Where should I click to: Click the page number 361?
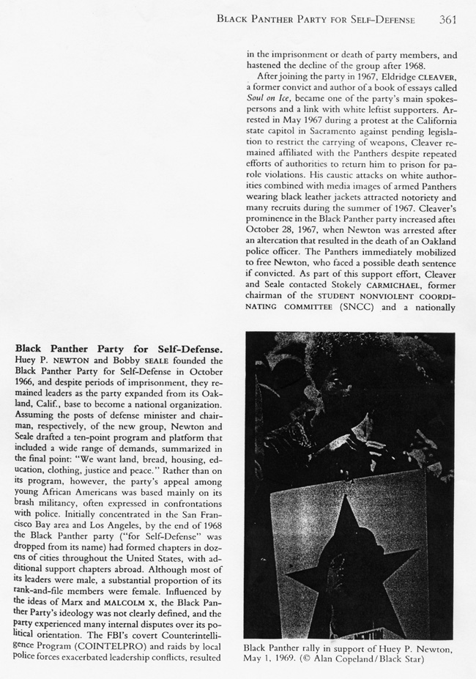coord(449,19)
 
